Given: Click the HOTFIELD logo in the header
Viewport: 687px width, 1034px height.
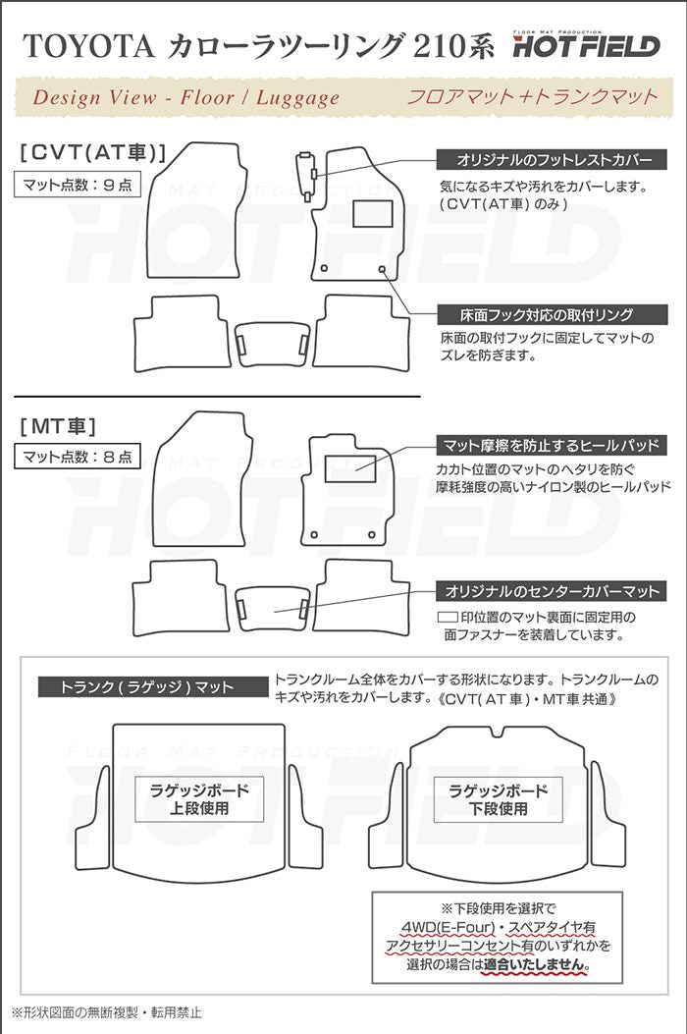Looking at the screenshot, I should pyautogui.click(x=586, y=44).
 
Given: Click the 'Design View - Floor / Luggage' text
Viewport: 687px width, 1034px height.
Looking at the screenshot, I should pyautogui.click(x=186, y=97).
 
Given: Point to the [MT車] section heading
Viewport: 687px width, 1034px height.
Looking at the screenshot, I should pyautogui.click(x=58, y=426).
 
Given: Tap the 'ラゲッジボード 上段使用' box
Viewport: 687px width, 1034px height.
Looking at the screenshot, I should pyautogui.click(x=199, y=799).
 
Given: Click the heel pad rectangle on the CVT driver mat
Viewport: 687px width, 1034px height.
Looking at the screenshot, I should pyautogui.click(x=373, y=213).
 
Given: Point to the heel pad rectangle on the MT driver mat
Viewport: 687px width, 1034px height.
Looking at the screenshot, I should pyautogui.click(x=351, y=467).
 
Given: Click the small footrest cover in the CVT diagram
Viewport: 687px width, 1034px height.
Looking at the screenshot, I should pyautogui.click(x=307, y=175).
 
